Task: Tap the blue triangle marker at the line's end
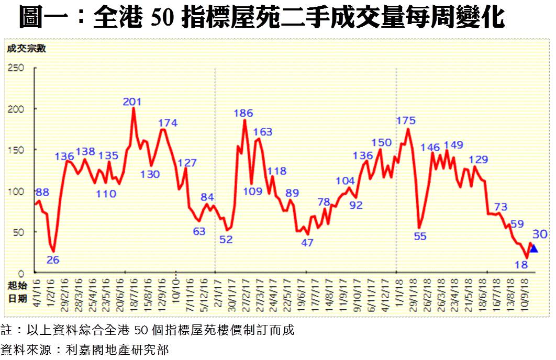[533, 249]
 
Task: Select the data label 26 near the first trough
[53, 259]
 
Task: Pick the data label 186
[243, 113]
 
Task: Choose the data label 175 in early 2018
[406, 121]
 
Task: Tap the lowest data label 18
[521, 265]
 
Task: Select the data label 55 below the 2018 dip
[420, 236]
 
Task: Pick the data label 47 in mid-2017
[307, 243]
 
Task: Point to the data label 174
[168, 123]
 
